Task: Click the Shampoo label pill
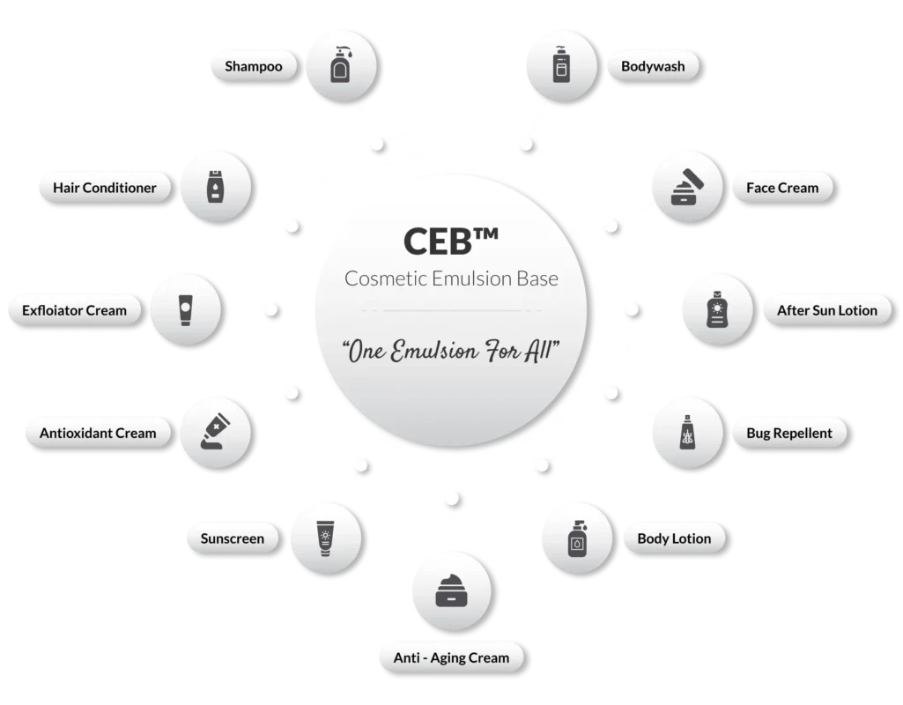[253, 66]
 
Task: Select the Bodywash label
[652, 66]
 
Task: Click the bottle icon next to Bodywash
[560, 64]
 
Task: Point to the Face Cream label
[781, 188]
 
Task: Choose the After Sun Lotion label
[826, 310]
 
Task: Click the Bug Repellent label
[782, 433]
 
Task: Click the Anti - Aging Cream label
[452, 657]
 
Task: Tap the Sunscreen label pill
[232, 538]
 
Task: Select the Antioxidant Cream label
[98, 433]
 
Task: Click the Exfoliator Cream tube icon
[185, 309]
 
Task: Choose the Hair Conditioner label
[104, 188]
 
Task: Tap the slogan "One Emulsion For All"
[451, 350]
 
